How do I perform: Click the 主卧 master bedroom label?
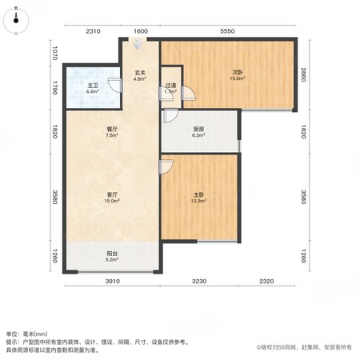point(198,194)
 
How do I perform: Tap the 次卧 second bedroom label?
point(238,72)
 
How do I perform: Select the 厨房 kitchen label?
point(198,129)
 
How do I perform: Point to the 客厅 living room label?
point(112,194)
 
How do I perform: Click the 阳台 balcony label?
point(112,254)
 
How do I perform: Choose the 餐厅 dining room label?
point(112,129)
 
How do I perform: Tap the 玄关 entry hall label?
point(140,73)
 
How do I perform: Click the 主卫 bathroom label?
point(93,86)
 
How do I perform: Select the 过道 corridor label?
point(170,86)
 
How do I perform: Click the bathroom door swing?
point(115,85)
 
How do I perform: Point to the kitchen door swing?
point(170,116)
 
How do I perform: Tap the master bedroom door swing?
point(166,167)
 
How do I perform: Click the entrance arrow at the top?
point(138,44)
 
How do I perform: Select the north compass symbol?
point(16,21)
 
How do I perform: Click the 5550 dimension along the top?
point(227,31)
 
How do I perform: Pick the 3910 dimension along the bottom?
point(113,281)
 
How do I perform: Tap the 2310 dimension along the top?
point(93,31)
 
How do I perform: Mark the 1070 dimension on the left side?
point(54,53)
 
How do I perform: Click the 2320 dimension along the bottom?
point(266,281)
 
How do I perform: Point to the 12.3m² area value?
point(198,201)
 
